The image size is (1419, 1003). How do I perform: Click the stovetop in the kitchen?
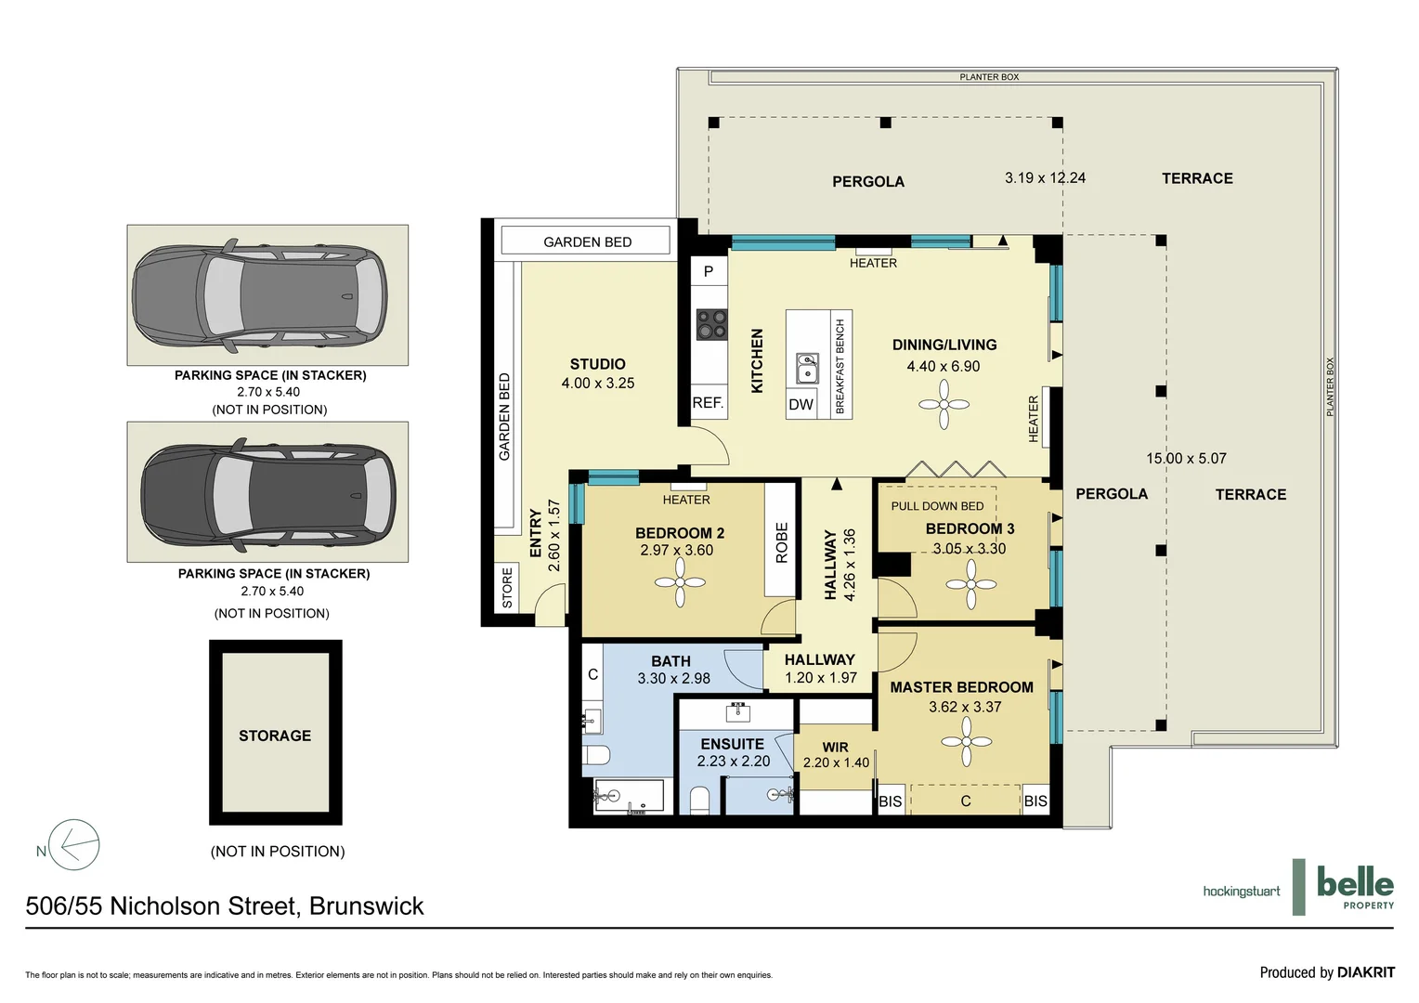click(x=712, y=324)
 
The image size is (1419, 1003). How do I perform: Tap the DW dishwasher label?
click(x=801, y=405)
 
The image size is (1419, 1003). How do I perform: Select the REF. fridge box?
click(x=709, y=402)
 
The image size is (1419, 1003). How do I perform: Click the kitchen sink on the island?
click(x=807, y=368)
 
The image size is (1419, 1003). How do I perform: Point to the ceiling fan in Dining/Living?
click(x=944, y=404)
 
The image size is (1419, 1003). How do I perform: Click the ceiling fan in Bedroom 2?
click(x=680, y=582)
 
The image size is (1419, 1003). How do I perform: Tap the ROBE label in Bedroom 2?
click(x=781, y=543)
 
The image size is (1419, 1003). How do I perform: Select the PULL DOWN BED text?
click(x=937, y=506)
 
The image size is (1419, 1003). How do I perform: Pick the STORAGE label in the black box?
click(x=275, y=736)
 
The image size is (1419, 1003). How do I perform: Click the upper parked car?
click(x=260, y=296)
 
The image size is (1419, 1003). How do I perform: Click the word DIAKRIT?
click(x=1366, y=972)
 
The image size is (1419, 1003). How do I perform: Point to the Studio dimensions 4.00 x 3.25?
click(x=597, y=384)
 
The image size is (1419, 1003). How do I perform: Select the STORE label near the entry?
click(x=507, y=588)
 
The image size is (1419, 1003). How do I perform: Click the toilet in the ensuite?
click(x=699, y=801)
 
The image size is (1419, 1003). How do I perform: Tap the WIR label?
click(x=835, y=748)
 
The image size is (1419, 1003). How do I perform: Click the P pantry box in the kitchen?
click(x=709, y=271)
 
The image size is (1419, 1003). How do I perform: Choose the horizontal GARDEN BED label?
click(x=587, y=242)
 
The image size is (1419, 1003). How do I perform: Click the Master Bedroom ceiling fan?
click(x=966, y=741)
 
